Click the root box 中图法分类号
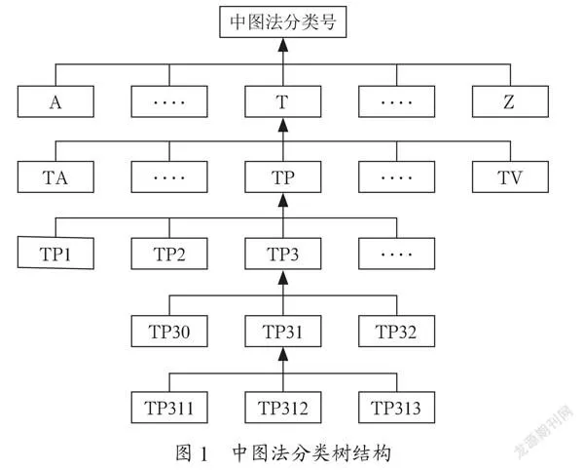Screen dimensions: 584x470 click(x=283, y=22)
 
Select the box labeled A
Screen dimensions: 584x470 click(x=55, y=101)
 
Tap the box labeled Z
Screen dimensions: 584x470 click(x=510, y=101)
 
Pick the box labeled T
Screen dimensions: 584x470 click(x=283, y=101)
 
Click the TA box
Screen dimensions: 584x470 click(x=55, y=176)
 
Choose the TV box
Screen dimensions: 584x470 click(x=510, y=176)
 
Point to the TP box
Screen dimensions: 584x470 click(x=283, y=176)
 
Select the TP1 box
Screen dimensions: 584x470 click(x=55, y=253)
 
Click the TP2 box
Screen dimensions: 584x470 click(x=169, y=254)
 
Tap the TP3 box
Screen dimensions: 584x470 click(x=283, y=254)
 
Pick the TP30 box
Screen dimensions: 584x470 click(x=169, y=332)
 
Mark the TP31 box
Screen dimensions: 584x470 click(x=283, y=332)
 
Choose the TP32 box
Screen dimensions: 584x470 click(x=397, y=332)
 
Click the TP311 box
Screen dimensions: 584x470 click(x=169, y=408)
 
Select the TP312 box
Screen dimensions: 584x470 click(x=283, y=408)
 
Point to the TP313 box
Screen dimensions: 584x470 click(x=397, y=408)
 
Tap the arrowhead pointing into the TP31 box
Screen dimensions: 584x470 click(x=283, y=354)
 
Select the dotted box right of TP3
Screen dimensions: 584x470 click(x=397, y=254)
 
